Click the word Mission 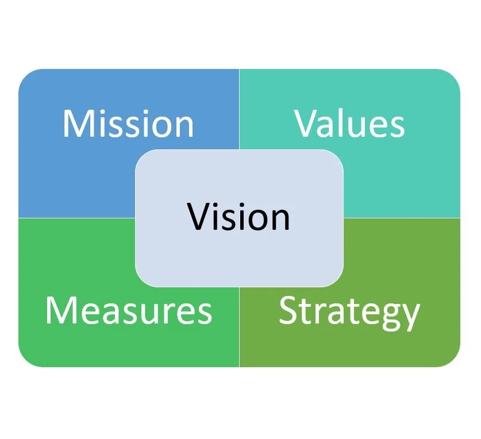tap(128, 123)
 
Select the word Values tap(349, 123)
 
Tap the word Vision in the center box tap(238, 217)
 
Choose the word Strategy tap(349, 312)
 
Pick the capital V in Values tap(309, 123)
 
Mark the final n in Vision tap(280, 220)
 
